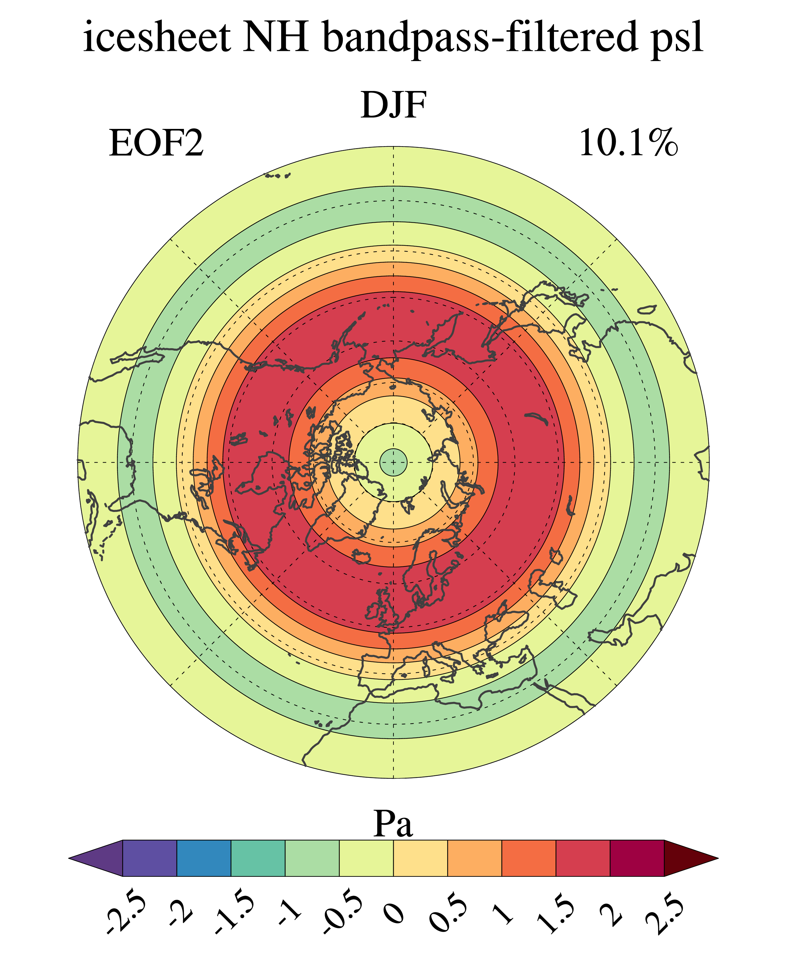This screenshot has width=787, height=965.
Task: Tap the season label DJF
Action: [x=394, y=105]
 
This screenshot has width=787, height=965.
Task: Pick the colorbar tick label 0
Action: [x=394, y=911]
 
